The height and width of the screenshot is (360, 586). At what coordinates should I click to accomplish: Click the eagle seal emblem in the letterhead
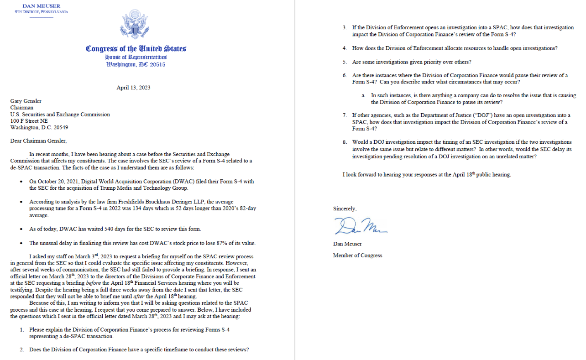point(136,26)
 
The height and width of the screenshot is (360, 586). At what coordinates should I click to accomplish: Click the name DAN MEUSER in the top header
point(41,6)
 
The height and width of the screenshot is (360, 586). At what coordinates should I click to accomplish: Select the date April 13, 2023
point(133,88)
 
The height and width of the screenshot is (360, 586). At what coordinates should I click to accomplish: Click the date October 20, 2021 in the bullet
point(59,181)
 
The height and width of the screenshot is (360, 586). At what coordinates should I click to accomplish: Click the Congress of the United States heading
point(136,49)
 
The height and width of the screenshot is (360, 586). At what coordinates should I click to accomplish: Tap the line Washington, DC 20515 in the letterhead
point(136,64)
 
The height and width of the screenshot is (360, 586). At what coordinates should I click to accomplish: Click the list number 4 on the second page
point(345,48)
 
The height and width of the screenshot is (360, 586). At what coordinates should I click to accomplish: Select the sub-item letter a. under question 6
point(363,95)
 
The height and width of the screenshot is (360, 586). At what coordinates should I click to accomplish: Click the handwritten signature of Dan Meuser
point(361,225)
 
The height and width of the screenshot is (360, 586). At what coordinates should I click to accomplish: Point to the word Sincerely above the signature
point(345,209)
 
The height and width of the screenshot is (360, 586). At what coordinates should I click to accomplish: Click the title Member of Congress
point(357,256)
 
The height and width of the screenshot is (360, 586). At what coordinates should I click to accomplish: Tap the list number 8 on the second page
point(345,142)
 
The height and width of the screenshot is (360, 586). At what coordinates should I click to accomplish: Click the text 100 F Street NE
point(29,121)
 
